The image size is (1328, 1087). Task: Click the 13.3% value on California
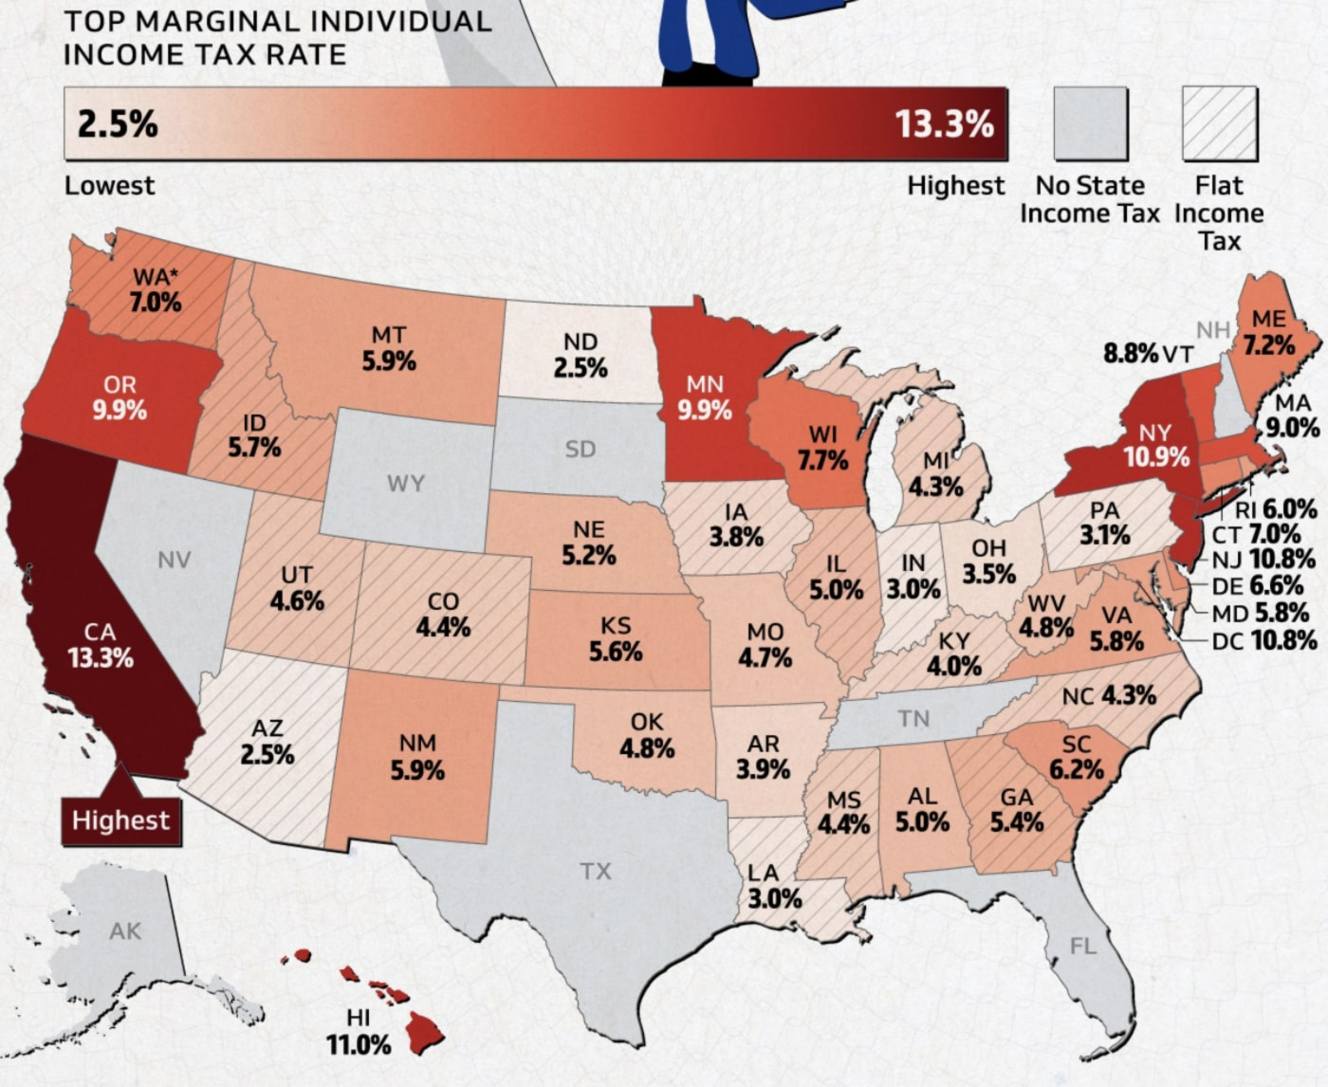(x=100, y=657)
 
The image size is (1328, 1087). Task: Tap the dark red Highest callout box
(x=120, y=820)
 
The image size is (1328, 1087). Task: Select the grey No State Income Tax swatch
(x=1090, y=123)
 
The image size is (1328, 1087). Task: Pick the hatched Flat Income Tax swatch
(x=1219, y=123)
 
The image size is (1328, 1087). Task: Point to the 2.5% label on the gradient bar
(x=118, y=124)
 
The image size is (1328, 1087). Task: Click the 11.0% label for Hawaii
(x=359, y=1045)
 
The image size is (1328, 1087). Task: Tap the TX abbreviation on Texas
(x=596, y=871)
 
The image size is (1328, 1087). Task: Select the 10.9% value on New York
(x=1156, y=457)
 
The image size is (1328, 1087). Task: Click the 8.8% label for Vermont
(x=1131, y=354)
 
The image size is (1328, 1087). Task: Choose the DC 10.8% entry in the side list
(x=1264, y=640)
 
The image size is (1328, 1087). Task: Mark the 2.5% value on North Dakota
(x=581, y=367)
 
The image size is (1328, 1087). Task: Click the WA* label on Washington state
(x=156, y=277)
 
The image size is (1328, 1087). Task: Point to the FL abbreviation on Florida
(x=1082, y=946)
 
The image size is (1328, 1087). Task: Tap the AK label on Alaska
(x=124, y=930)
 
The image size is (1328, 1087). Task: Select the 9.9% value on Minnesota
(x=705, y=410)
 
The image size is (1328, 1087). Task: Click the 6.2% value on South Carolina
(x=1077, y=768)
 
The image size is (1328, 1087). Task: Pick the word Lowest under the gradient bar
(x=109, y=185)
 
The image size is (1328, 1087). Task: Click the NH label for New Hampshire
(x=1212, y=330)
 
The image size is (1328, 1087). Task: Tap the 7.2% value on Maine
(x=1269, y=344)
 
